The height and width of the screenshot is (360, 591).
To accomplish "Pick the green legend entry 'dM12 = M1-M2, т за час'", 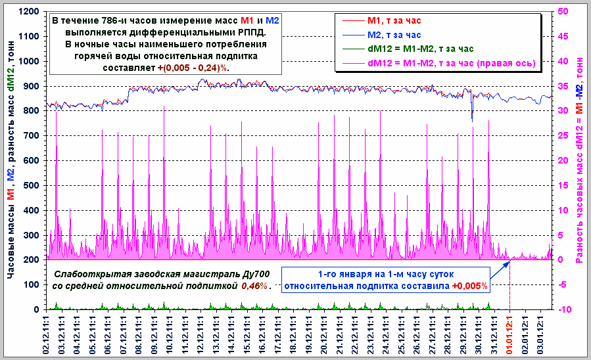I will pyautogui.click(x=421, y=49).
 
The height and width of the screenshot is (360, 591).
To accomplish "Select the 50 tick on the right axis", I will pyautogui.click(x=563, y=12).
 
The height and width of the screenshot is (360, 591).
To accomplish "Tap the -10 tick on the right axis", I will pyautogui.click(x=564, y=309).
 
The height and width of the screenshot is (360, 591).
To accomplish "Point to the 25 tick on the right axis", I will pyautogui.click(x=563, y=136).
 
